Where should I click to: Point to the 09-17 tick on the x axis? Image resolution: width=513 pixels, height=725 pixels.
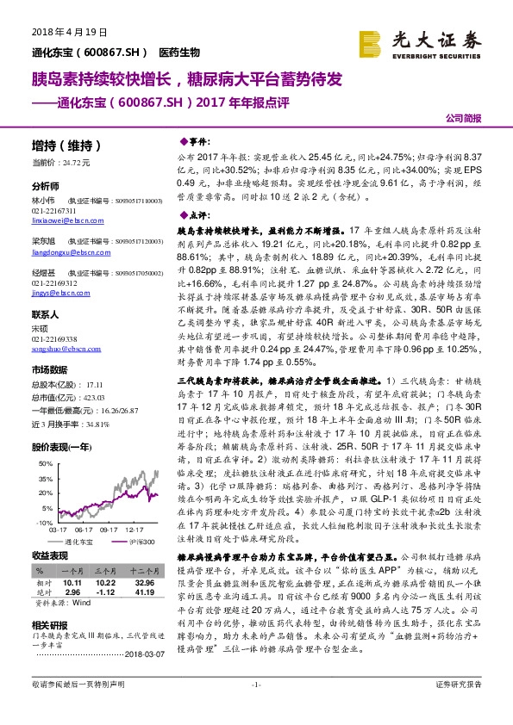pyautogui.click(x=109, y=530)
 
